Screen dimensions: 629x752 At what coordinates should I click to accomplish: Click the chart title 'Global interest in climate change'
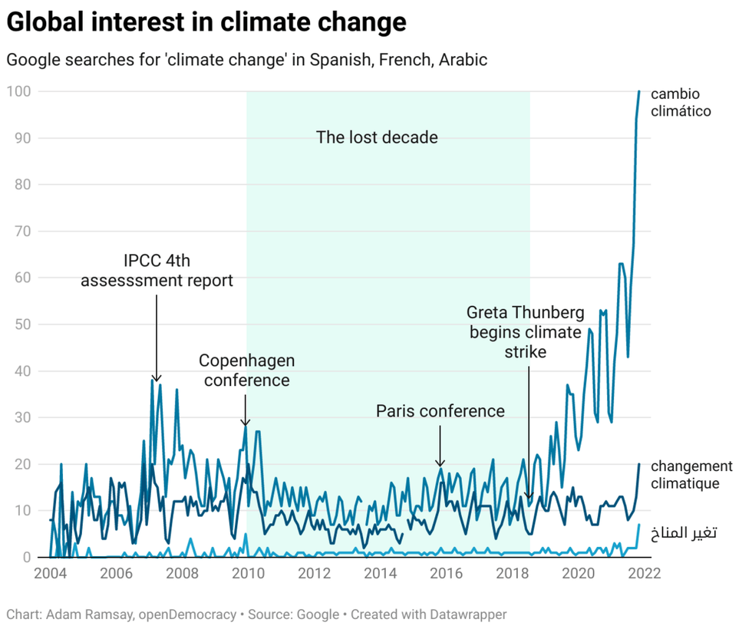206,22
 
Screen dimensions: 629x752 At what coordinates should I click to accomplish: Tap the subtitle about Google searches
246,60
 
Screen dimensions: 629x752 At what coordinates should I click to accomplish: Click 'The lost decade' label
377,137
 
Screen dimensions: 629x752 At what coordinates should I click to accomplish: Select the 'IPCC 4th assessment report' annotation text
157,271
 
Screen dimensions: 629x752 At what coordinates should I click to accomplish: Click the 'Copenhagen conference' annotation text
246,370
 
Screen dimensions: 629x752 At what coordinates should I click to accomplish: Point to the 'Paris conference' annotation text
440,411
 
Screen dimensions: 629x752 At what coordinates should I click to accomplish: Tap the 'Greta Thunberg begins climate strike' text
526,332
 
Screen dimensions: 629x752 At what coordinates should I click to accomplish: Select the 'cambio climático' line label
681,102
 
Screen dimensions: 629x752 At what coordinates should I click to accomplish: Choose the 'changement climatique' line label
691,475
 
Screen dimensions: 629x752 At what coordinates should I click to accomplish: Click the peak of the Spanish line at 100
638,91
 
